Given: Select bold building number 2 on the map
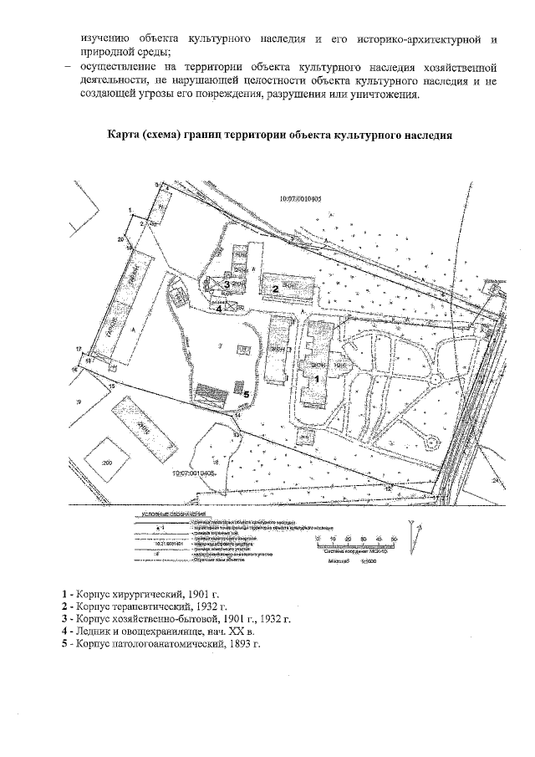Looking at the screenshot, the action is [275, 287].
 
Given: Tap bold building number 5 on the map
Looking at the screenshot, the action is [245, 391].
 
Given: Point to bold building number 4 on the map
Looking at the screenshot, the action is [218, 308].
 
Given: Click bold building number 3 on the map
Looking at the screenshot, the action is [227, 284].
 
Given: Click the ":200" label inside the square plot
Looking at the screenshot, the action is [106, 462].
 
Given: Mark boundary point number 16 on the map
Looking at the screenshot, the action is [74, 369].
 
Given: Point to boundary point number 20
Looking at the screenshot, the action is [121, 240].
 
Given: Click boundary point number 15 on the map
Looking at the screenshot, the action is [110, 386].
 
